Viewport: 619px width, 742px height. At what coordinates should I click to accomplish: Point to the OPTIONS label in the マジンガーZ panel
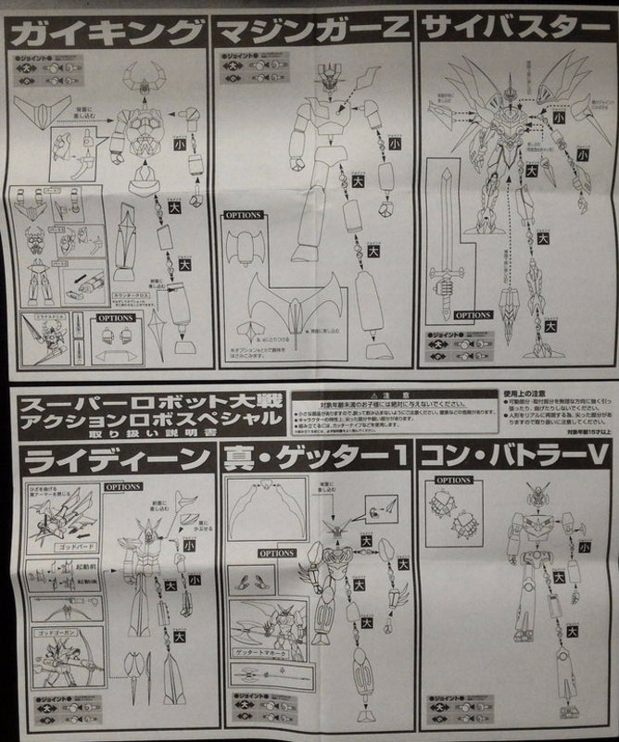pos(243,215)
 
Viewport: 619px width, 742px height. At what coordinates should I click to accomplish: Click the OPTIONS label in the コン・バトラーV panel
pos(453,481)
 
